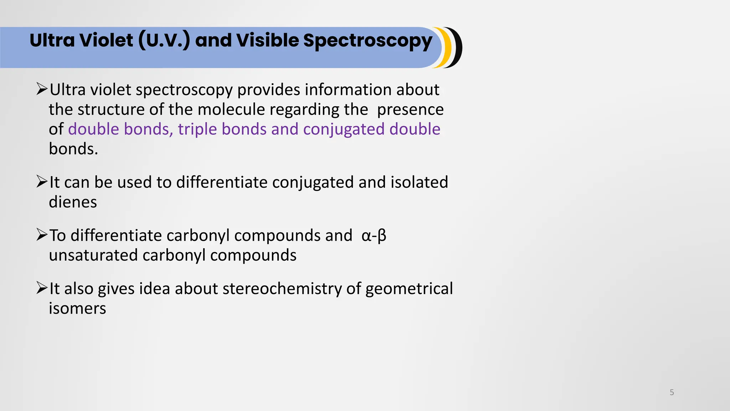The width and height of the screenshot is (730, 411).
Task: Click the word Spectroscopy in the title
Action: click(x=367, y=41)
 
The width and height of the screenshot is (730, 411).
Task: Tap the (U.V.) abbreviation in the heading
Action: click(x=164, y=40)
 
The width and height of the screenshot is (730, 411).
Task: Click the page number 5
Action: click(x=672, y=392)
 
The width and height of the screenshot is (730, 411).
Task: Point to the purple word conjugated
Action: click(x=344, y=129)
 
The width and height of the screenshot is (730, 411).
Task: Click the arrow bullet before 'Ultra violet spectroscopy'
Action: click(x=42, y=89)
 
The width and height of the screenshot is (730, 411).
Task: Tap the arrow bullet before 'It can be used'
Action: click(x=42, y=182)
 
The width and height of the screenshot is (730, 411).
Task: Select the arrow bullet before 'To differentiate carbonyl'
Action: click(x=42, y=235)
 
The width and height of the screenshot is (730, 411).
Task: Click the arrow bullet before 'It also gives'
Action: click(x=42, y=288)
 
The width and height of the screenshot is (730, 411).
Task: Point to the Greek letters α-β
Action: click(x=374, y=235)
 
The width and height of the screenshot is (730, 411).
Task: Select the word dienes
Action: click(x=73, y=202)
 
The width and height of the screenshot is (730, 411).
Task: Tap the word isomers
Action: click(x=77, y=308)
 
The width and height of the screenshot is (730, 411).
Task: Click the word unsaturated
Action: click(x=93, y=255)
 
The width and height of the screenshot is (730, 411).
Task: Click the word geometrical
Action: click(x=409, y=289)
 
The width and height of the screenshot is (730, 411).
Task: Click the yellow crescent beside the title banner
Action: click(x=446, y=47)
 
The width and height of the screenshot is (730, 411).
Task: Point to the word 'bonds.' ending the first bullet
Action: click(x=73, y=149)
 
